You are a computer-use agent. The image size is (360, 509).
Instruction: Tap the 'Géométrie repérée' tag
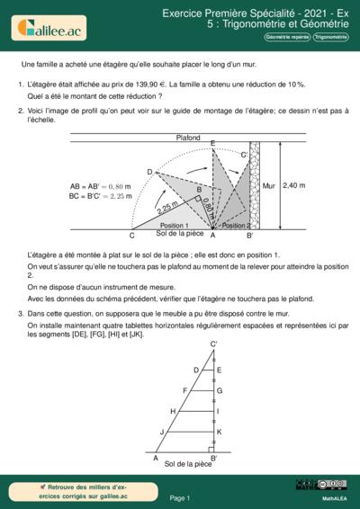[x=281, y=37]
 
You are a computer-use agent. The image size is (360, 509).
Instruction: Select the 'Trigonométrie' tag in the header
[x=329, y=37]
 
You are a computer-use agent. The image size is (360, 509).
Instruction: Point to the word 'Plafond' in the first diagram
[x=188, y=138]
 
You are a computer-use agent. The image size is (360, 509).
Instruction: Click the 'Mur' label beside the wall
[x=268, y=185]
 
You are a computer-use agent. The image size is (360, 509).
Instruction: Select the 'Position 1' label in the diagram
[x=174, y=226]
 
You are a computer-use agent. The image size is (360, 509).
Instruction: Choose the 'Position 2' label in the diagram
[x=236, y=226]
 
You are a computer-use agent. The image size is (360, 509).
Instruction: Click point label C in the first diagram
[x=131, y=237]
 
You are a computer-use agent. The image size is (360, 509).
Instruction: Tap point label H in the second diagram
[x=173, y=412]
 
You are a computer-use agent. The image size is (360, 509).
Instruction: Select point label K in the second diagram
[x=220, y=432]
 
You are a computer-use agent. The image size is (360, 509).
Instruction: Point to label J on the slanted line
[x=162, y=432]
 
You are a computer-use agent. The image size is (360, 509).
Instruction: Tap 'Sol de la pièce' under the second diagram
[x=189, y=464]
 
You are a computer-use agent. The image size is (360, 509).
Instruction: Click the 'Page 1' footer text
[x=180, y=497]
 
